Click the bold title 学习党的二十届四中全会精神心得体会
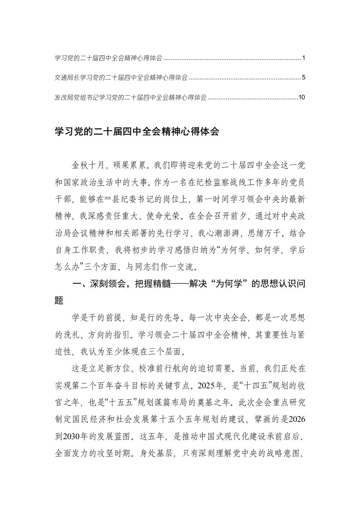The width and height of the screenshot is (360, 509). pos(136,132)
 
